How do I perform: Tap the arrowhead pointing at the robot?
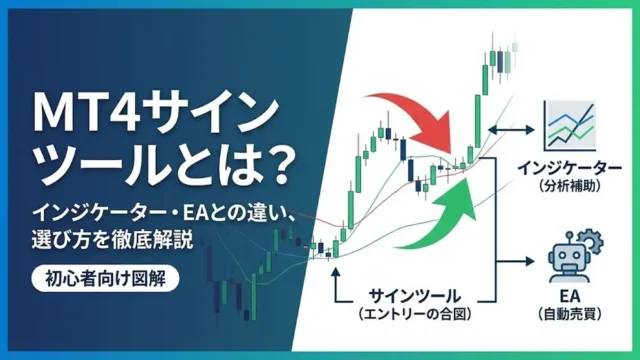coord(527,263)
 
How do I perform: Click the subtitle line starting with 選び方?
coord(111,239)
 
